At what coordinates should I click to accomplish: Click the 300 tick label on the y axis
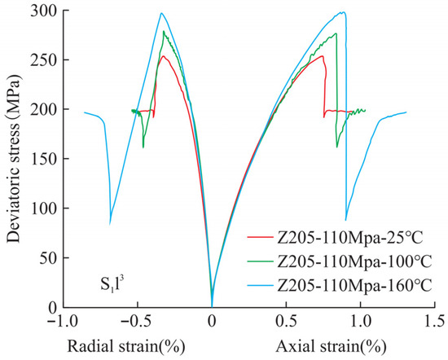45,11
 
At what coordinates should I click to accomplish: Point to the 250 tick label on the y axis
45,60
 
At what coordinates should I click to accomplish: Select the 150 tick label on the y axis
45,159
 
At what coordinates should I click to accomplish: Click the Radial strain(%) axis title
126,347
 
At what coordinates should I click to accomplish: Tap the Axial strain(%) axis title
332,347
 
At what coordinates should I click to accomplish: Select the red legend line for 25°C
260,237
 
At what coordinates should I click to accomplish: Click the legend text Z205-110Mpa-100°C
354,261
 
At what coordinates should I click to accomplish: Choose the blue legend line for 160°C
260,286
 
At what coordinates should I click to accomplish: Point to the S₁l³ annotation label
112,284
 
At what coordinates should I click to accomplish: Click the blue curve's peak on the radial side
161,13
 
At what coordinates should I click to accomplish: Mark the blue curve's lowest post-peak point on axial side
345,220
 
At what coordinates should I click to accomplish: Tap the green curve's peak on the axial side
336,33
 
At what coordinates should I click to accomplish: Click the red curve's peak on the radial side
163,55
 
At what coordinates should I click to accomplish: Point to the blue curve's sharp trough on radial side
110,224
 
